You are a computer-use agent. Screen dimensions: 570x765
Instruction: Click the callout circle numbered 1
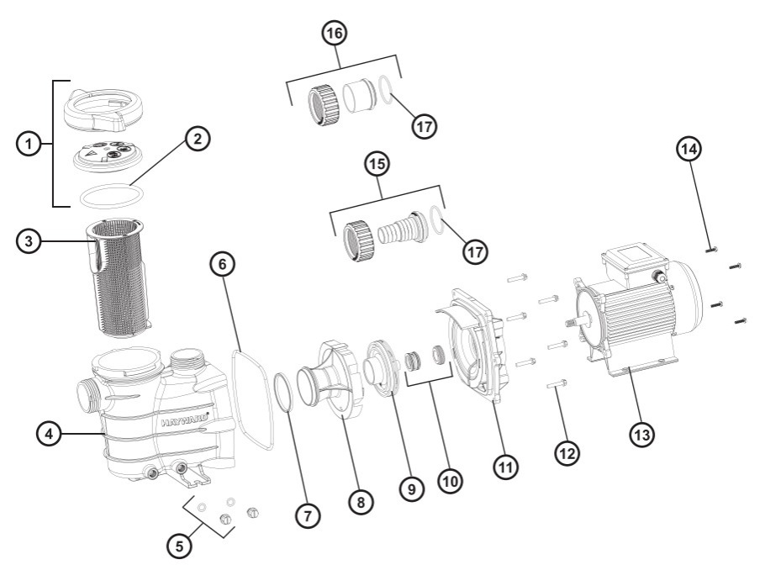pos(29,145)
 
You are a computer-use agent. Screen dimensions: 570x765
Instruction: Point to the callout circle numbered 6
pos(223,264)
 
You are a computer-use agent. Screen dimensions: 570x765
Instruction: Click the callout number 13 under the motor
pos(643,435)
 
